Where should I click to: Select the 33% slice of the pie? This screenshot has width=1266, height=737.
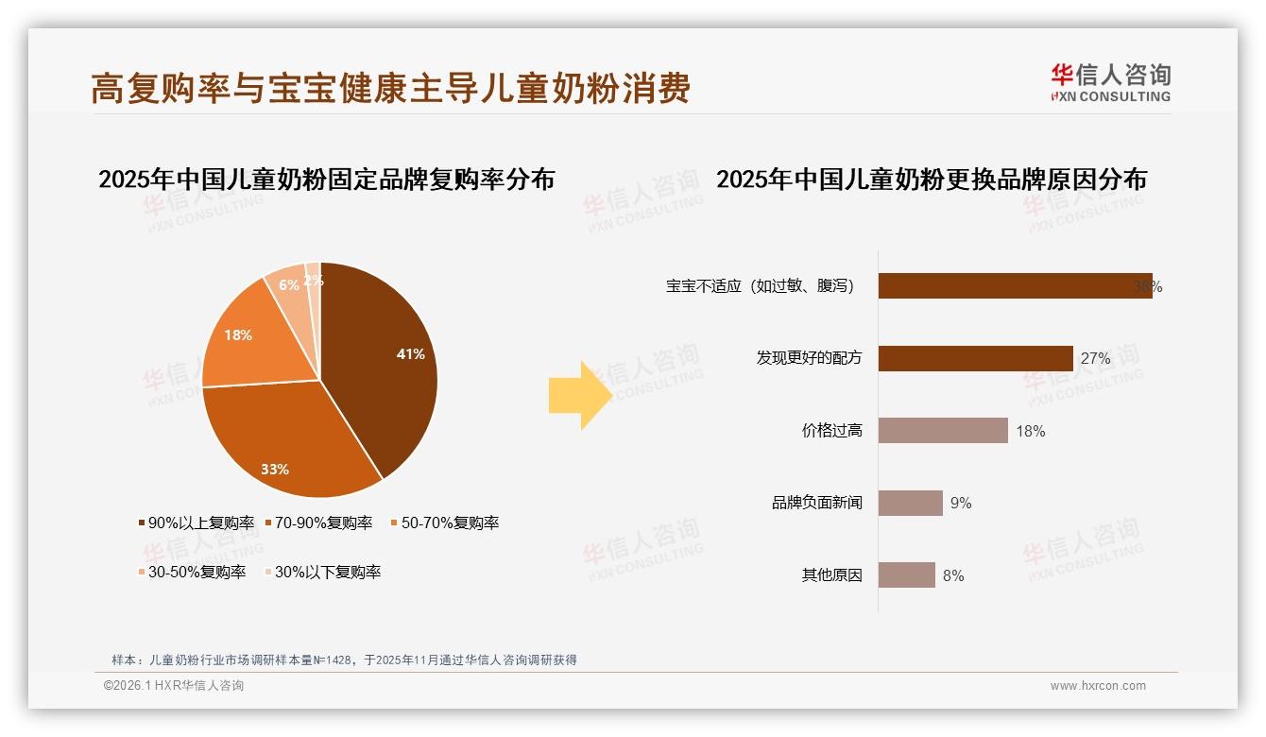(x=283, y=444)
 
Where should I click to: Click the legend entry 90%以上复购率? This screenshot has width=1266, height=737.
(x=196, y=523)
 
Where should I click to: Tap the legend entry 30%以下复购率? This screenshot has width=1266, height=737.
(x=322, y=572)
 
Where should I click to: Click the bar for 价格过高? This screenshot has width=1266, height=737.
(x=943, y=431)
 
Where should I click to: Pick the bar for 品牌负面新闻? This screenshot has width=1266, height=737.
(x=911, y=503)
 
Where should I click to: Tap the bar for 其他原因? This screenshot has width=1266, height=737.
(x=907, y=575)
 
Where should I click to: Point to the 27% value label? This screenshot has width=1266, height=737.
(x=1095, y=359)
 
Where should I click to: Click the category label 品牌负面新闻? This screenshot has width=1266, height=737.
(x=817, y=503)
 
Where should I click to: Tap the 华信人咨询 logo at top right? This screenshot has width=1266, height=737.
(x=1111, y=82)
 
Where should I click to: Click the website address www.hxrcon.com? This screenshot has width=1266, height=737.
(x=1098, y=686)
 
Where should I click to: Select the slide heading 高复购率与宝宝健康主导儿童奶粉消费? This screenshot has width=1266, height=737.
(x=390, y=88)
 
